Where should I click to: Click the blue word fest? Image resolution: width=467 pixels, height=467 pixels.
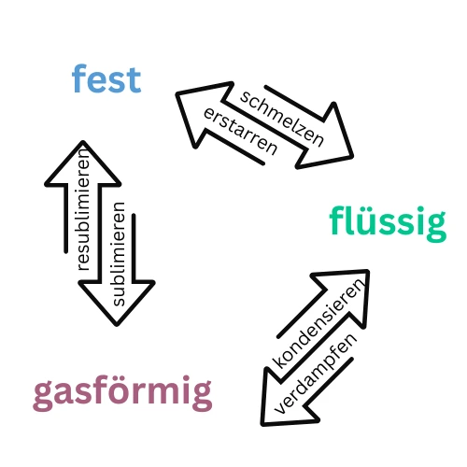tap(106, 78)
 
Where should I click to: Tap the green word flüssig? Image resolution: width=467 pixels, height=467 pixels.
tap(388, 222)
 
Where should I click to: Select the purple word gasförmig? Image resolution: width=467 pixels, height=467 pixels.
tap(122, 393)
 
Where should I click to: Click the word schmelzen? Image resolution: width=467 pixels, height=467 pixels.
tap(282, 119)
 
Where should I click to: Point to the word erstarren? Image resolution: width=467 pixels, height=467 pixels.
tap(240, 132)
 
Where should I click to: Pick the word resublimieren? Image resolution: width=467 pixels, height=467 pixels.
tap(83, 210)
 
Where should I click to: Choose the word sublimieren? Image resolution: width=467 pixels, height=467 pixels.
tap(119, 254)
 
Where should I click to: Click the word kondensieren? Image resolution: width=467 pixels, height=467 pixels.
tap(318, 324)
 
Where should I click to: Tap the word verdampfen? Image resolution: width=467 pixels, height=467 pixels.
tap(316, 374)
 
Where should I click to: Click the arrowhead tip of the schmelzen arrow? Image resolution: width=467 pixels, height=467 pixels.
tap(352, 156)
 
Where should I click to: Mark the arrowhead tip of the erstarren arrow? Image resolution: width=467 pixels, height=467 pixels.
tap(177, 93)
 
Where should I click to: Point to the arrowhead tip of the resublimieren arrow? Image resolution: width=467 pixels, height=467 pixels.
tap(83, 142)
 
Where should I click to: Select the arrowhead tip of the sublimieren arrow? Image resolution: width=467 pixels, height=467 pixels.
tap(117, 325)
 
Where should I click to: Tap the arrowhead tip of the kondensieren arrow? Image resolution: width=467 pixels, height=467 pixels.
tap(368, 271)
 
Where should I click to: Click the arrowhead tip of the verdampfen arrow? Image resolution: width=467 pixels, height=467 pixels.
tap(262, 424)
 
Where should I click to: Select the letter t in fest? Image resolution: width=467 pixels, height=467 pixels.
tap(134, 80)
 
